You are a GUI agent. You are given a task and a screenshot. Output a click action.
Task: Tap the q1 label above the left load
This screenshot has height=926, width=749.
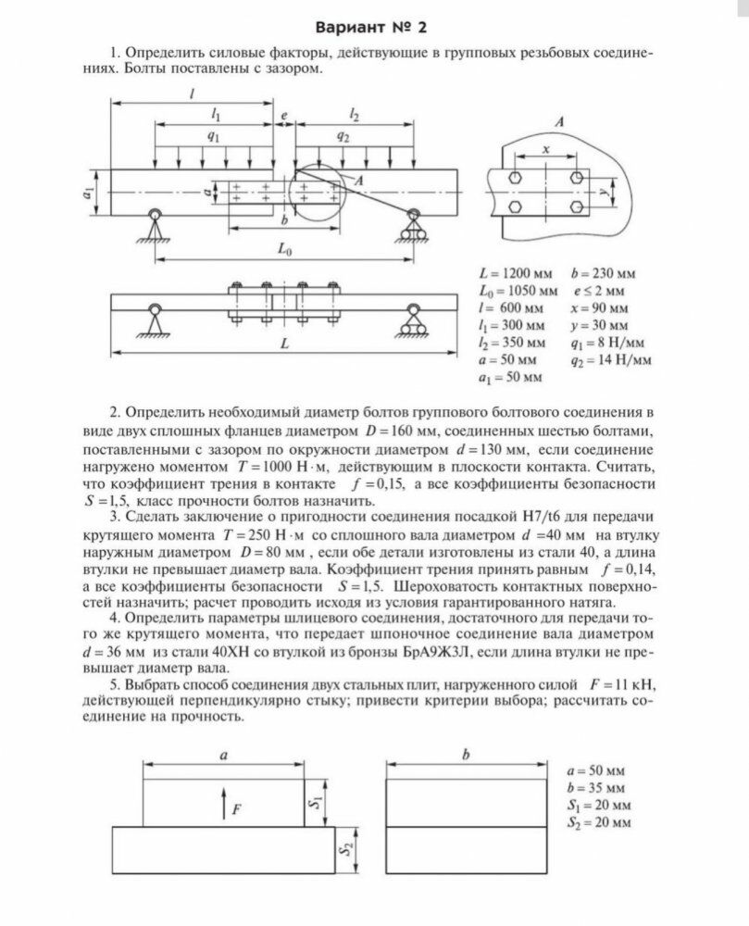[x=213, y=135]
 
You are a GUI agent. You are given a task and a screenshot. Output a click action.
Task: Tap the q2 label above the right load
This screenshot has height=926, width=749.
[x=343, y=135]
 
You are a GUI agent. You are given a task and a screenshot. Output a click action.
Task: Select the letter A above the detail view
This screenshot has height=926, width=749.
[x=561, y=122]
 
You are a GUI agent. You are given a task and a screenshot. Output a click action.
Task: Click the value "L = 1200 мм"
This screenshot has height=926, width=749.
[x=515, y=274]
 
